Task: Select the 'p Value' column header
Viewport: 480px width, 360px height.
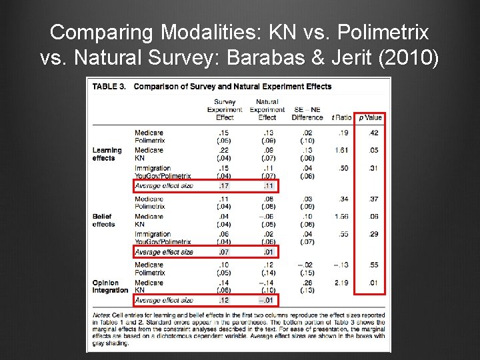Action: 370,117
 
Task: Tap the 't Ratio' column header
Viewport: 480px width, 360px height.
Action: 341,117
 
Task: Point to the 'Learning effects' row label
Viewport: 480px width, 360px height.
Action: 107,154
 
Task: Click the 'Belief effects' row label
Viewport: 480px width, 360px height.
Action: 104,220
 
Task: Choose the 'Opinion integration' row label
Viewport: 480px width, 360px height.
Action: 110,287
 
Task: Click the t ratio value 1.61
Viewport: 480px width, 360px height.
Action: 341,150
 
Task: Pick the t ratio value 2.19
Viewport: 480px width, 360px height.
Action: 341,283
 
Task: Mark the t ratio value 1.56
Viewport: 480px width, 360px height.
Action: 341,216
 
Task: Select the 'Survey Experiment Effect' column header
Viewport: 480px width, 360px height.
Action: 225,110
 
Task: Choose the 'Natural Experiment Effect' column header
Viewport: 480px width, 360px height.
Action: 267,110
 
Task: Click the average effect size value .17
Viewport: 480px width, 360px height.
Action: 225,185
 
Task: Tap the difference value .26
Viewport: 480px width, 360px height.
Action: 307,283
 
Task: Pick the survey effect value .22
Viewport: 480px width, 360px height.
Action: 225,150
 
